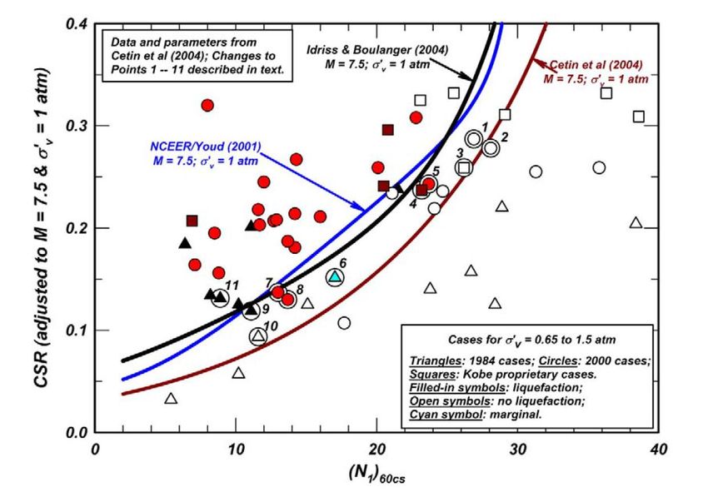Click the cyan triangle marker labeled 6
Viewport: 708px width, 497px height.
(x=334, y=276)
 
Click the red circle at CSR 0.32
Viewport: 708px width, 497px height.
(x=207, y=106)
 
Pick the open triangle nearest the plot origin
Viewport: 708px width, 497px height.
(x=171, y=399)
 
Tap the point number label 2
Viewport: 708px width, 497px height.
(x=504, y=136)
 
